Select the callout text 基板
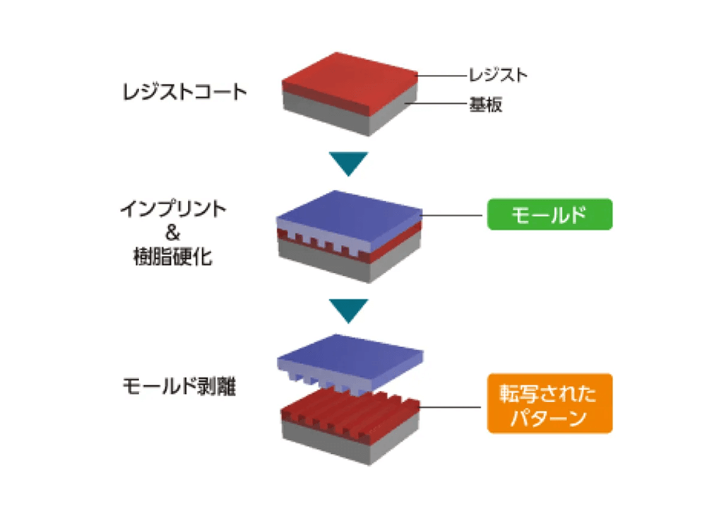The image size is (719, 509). click(486, 105)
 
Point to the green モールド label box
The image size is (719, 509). click(549, 213)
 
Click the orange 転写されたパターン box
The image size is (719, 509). click(549, 403)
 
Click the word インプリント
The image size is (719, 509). click(173, 210)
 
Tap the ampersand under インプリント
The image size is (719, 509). click(173, 233)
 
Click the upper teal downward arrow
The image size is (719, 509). click(349, 163)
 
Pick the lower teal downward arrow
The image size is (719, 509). click(349, 308)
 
